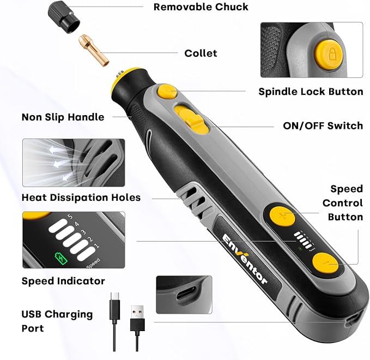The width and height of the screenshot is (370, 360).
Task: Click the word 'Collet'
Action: (201, 53)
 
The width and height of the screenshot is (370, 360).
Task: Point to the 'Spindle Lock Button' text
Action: (311, 91)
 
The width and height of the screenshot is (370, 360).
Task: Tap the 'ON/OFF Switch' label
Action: (323, 125)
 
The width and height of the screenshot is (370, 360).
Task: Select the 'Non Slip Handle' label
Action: (63, 117)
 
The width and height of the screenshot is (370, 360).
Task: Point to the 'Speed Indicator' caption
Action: (63, 281)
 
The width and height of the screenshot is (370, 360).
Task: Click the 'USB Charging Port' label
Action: (57, 321)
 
